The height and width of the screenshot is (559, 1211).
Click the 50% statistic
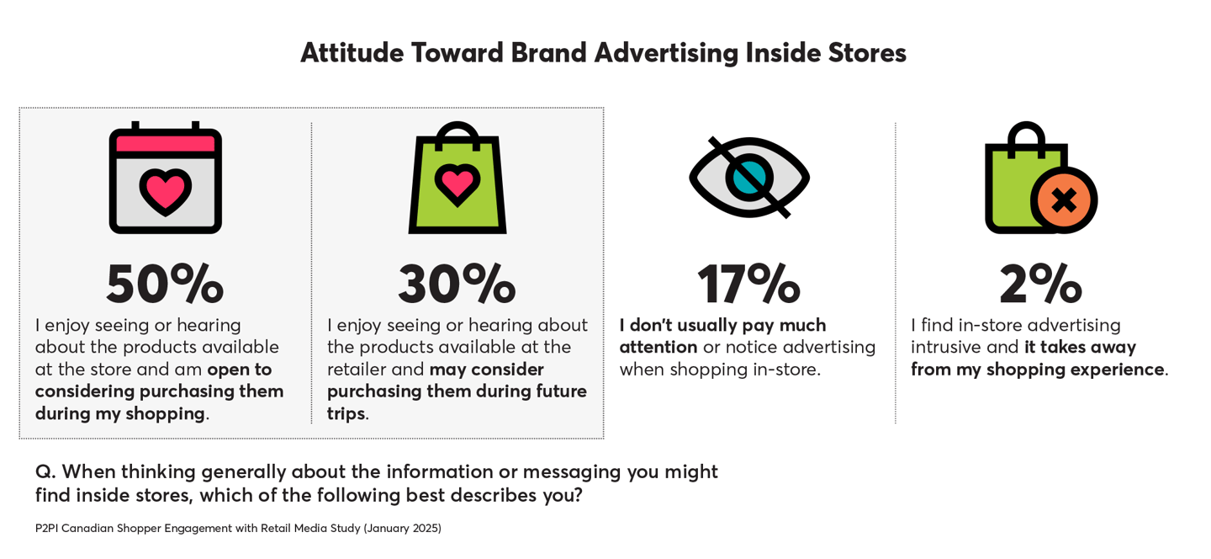tap(165, 285)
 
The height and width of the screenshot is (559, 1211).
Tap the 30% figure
tap(457, 285)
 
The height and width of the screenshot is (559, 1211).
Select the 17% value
tap(748, 285)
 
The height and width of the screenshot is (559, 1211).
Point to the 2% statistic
tap(1040, 285)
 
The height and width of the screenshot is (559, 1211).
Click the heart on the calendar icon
tap(165, 191)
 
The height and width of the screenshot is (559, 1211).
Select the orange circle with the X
tap(1064, 200)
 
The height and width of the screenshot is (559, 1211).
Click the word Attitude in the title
tap(352, 53)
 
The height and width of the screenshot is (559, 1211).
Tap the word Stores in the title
tap(867, 53)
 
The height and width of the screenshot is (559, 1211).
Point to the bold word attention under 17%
tap(658, 347)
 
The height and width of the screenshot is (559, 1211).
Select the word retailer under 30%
tap(356, 369)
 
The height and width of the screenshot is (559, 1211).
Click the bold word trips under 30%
tap(346, 413)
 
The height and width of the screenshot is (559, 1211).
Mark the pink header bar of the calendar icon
tap(165, 143)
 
